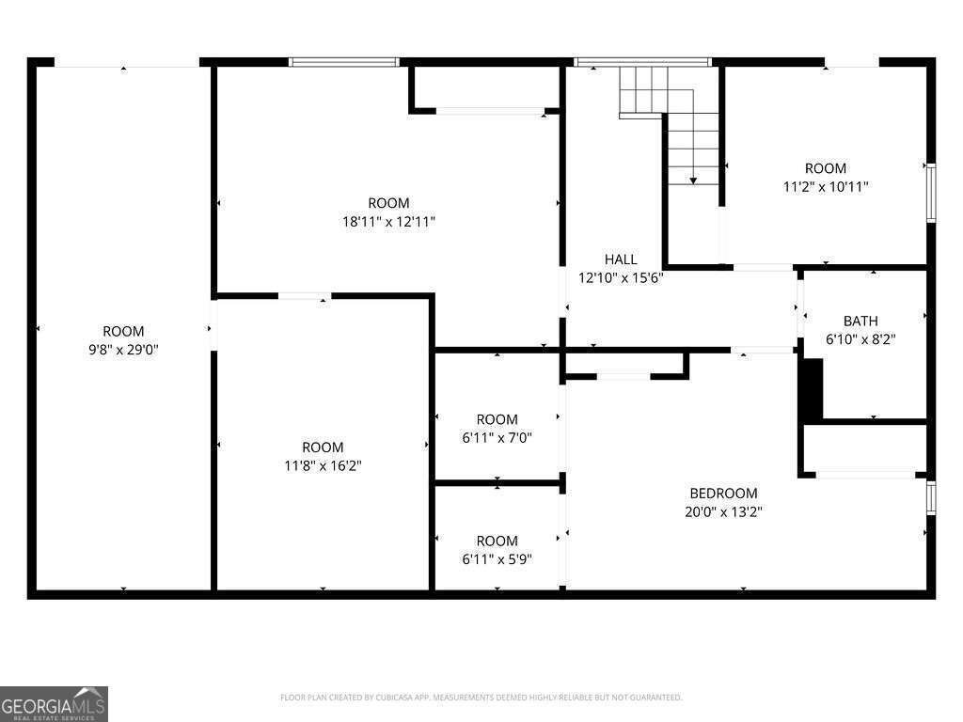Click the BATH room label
tap(860, 321)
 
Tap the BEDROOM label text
tap(723, 494)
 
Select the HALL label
tap(621, 259)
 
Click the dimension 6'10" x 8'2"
tap(860, 339)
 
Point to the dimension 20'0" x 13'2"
tap(723, 512)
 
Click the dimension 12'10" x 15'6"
tap(621, 277)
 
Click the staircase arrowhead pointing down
tap(693, 180)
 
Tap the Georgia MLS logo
tap(55, 703)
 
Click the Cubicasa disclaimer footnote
tap(481, 698)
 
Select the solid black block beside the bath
tap(811, 387)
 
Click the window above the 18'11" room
tap(344, 62)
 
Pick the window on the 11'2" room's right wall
tap(931, 193)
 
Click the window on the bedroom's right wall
tap(931, 497)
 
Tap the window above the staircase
tap(642, 62)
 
